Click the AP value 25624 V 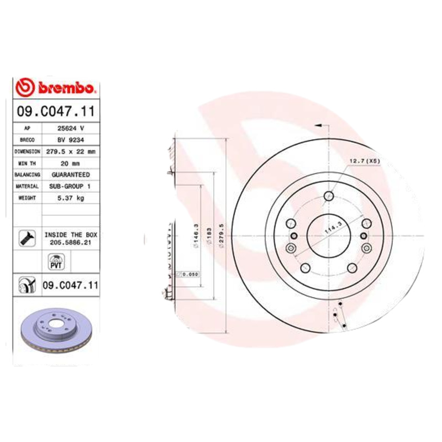coord(70,128)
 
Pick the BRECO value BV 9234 coord(70,140)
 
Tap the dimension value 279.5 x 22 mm coord(70,151)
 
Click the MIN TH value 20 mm coord(70,163)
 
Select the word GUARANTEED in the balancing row coord(70,175)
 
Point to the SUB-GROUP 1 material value coord(70,186)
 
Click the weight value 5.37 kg coord(70,198)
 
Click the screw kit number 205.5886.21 coord(70,241)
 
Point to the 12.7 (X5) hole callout coord(364,161)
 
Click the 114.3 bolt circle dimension coord(333,228)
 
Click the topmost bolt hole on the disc coord(329,195)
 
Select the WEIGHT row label coord(27,198)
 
